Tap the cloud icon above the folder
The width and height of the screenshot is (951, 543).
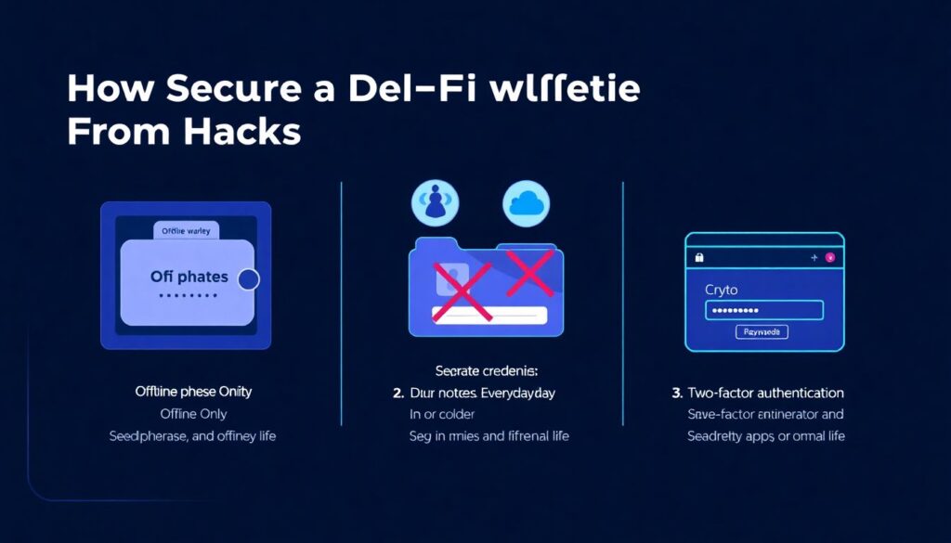pyautogui.click(x=526, y=203)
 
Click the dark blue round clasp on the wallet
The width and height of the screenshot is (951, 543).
pyautogui.click(x=248, y=279)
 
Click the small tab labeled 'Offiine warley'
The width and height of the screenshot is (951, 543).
pyautogui.click(x=186, y=231)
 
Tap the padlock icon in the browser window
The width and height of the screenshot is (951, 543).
pyautogui.click(x=699, y=257)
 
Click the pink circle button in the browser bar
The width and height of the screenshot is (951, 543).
pyautogui.click(x=829, y=257)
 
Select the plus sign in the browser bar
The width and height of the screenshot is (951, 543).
pyautogui.click(x=813, y=257)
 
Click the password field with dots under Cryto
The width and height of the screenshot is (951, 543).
pyautogui.click(x=763, y=310)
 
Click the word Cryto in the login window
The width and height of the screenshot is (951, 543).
pyautogui.click(x=722, y=290)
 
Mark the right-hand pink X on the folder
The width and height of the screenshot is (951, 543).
pyautogui.click(x=527, y=271)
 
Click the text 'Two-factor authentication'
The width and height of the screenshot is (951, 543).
pyautogui.click(x=765, y=393)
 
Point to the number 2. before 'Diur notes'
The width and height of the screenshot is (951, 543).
pyautogui.click(x=398, y=393)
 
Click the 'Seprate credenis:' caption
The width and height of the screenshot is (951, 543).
pyautogui.click(x=481, y=370)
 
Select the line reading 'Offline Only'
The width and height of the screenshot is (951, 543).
pyautogui.click(x=193, y=414)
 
